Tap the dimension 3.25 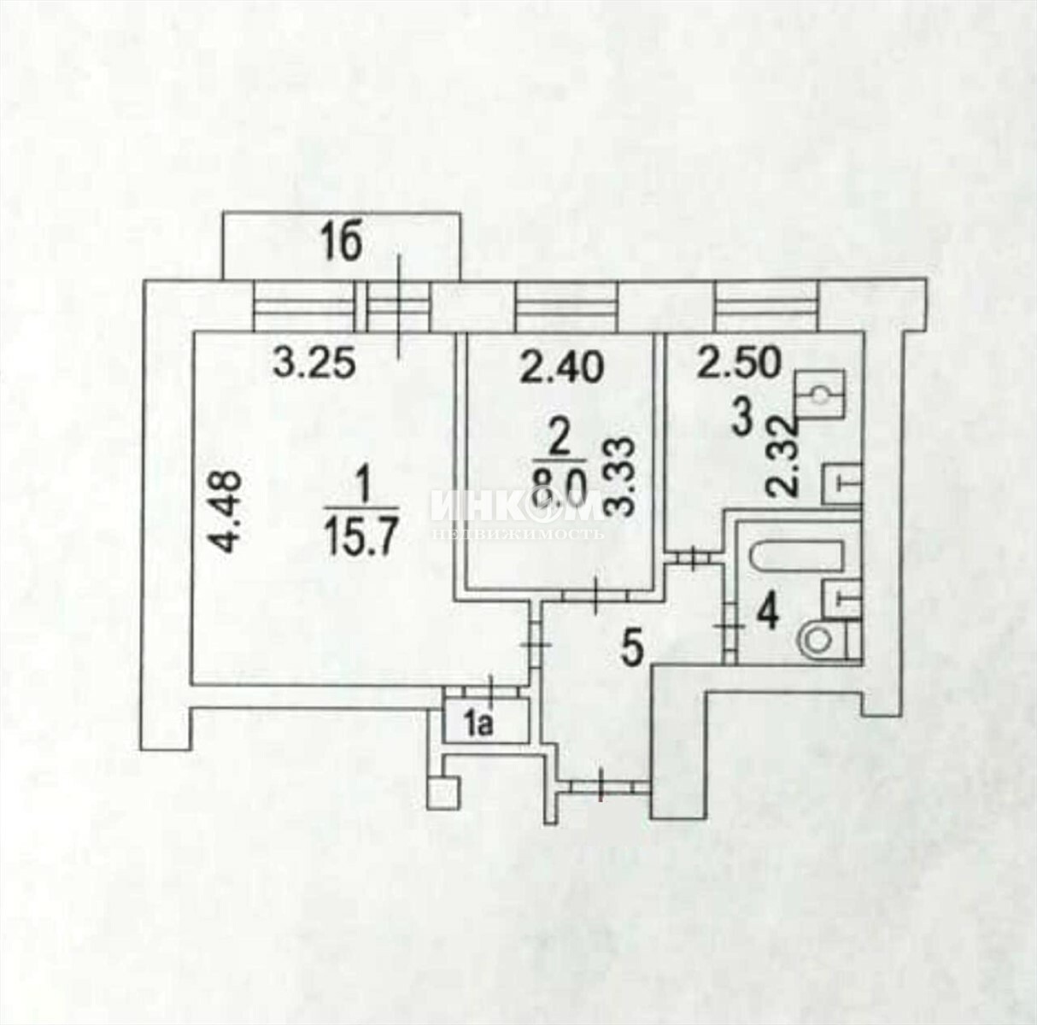[x=313, y=364]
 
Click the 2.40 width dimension [x=562, y=368]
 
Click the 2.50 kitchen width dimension [x=738, y=363]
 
